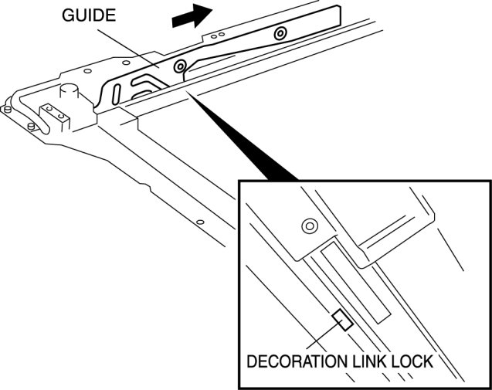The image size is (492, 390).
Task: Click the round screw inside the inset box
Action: [309, 226]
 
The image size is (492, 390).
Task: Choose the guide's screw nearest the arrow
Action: [280, 32]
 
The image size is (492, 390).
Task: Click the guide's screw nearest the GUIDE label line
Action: [180, 66]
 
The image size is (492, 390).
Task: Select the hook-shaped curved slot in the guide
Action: [147, 79]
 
